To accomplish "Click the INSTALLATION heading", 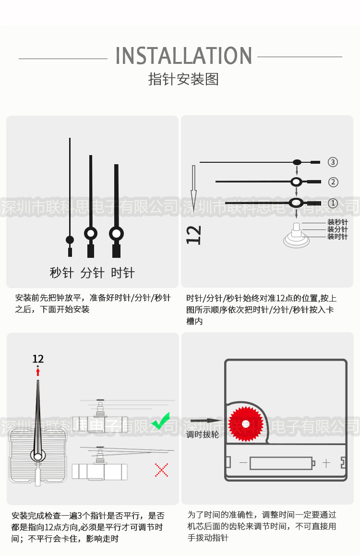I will pyautogui.click(x=184, y=56).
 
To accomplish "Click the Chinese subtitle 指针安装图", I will pyautogui.click(x=183, y=79).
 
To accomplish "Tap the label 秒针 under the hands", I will pyautogui.click(x=61, y=273).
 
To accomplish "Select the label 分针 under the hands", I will pyautogui.click(x=92, y=273).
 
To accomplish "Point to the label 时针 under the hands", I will pyautogui.click(x=123, y=273).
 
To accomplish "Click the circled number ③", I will pyautogui.click(x=333, y=162).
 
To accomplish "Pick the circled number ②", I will pyautogui.click(x=333, y=182).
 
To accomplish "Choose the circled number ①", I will pyautogui.click(x=333, y=203).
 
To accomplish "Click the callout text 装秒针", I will pyautogui.click(x=337, y=222).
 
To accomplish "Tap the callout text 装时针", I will pyautogui.click(x=337, y=237).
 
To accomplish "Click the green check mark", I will pyautogui.click(x=160, y=421).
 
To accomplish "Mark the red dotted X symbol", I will pyautogui.click(x=161, y=470).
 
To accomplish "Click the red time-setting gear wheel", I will pyautogui.click(x=245, y=424).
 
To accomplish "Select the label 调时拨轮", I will pyautogui.click(x=203, y=435).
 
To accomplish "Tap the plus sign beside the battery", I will pyautogui.click(x=326, y=463).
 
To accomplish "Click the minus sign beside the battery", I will pyautogui.click(x=243, y=463).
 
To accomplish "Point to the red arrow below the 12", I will pyautogui.click(x=38, y=371).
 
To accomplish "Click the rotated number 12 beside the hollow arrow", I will pyautogui.click(x=194, y=235).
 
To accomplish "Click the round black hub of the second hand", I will pyautogui.click(x=70, y=240).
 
